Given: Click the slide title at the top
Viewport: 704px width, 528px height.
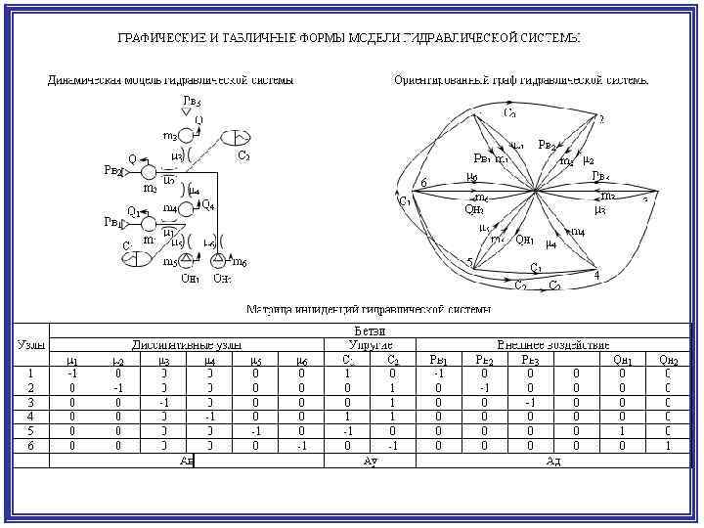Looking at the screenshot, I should [349, 38].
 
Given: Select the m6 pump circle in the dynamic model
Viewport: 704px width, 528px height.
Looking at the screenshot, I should [216, 261].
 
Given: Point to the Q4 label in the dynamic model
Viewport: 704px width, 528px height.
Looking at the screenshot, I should [208, 204].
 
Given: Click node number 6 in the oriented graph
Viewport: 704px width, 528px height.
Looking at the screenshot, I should [422, 183].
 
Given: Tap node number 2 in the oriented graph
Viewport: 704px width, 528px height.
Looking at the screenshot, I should [601, 120].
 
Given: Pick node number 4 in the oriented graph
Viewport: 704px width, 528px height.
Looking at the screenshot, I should [596, 276].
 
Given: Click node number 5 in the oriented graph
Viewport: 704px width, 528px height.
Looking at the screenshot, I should [469, 261].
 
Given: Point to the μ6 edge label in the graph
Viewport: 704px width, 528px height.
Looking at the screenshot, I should [472, 178].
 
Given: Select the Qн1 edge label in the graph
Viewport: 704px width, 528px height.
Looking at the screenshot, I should [525, 241].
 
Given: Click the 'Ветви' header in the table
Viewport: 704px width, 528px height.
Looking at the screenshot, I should [369, 332].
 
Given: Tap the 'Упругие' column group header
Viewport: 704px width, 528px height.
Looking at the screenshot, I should [371, 345].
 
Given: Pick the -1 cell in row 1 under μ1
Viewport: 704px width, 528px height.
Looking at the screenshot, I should [72, 373].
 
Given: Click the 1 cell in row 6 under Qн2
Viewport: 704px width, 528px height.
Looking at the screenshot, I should [667, 446].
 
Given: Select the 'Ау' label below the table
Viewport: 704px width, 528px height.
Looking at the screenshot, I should [371, 461].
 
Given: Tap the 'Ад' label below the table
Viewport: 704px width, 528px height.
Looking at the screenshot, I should [553, 461].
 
